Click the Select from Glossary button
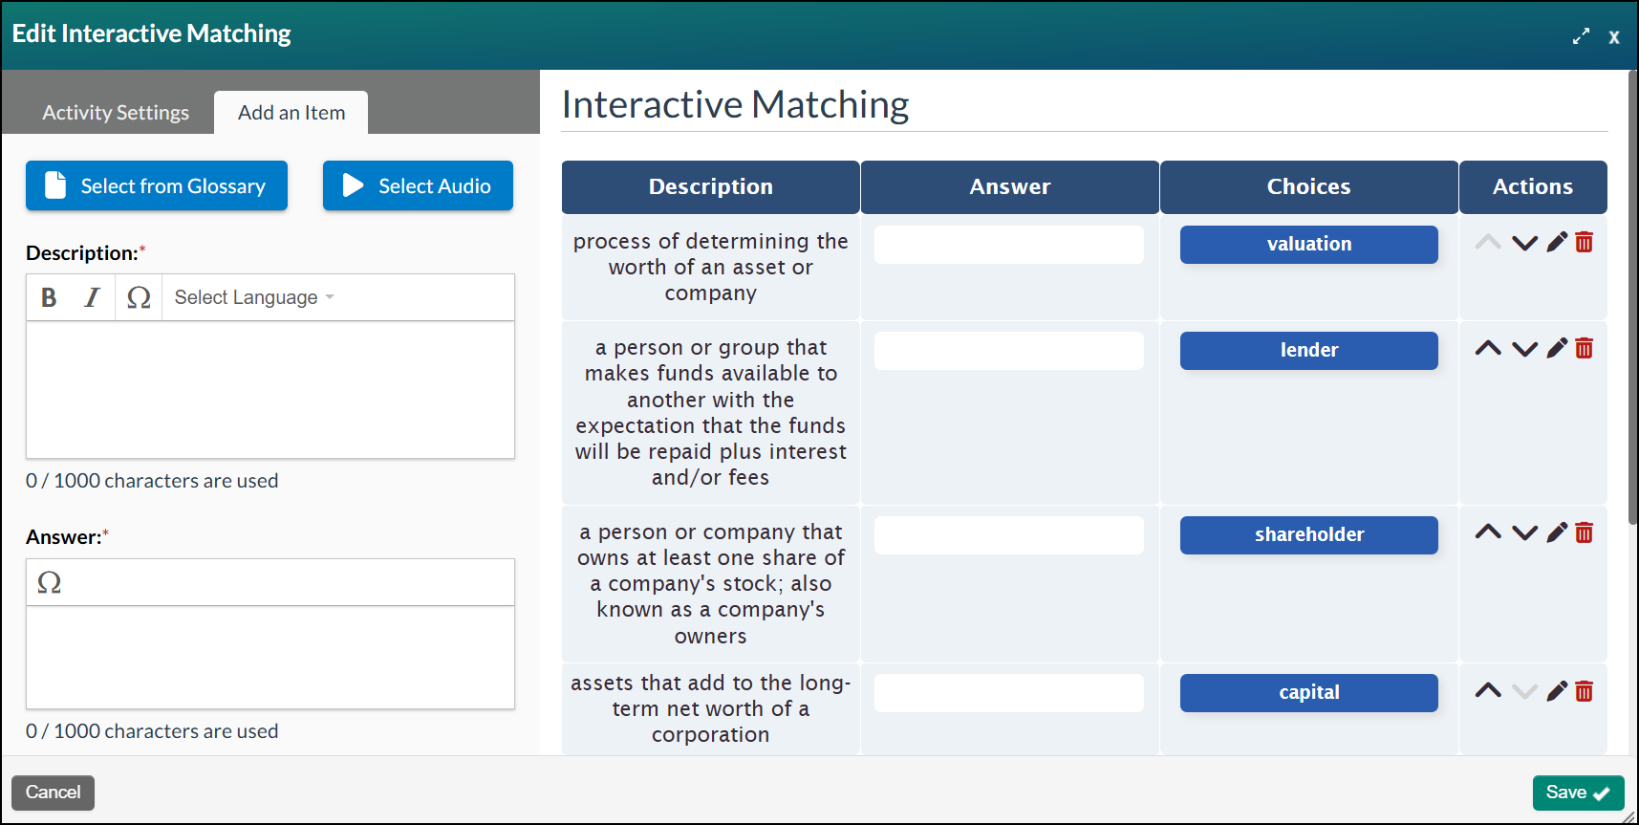tap(157, 185)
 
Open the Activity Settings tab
tap(116, 113)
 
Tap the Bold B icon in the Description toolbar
tap(49, 297)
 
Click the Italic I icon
tap(92, 297)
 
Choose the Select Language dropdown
tap(254, 297)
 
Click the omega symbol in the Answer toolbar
tap(50, 582)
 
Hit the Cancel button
tap(53, 792)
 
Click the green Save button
tap(1578, 792)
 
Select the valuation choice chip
tap(1308, 245)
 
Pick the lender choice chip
tap(1308, 351)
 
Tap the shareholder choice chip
tap(1308, 535)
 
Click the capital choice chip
tap(1308, 693)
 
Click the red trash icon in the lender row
tap(1584, 348)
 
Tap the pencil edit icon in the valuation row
tap(1557, 242)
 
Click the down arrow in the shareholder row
tap(1524, 533)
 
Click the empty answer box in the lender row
tap(1008, 351)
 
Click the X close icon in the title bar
tap(1613, 37)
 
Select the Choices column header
tap(1308, 187)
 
